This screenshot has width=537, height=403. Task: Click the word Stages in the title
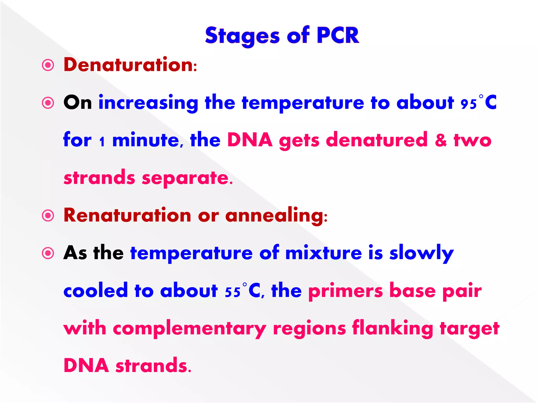(243, 36)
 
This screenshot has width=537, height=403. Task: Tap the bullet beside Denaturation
(48, 65)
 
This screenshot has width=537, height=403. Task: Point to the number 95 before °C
(469, 104)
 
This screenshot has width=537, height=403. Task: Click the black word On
(78, 103)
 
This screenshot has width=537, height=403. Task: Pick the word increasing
(148, 103)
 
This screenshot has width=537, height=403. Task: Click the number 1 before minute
(102, 142)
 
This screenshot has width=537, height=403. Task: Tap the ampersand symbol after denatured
(441, 140)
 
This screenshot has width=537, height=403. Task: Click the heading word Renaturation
(127, 215)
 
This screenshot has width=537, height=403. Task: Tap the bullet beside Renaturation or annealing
(48, 216)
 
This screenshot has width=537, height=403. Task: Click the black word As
(75, 253)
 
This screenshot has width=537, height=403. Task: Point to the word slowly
(421, 253)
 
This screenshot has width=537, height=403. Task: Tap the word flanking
(393, 328)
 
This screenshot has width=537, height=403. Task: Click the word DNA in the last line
(86, 365)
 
